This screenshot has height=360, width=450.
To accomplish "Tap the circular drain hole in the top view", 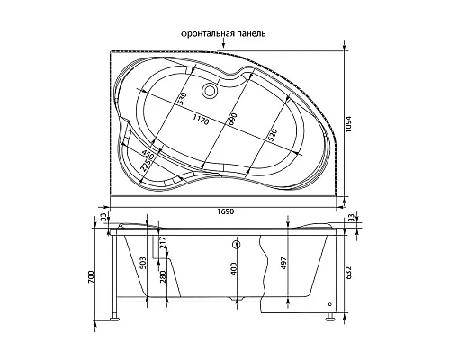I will [211, 89].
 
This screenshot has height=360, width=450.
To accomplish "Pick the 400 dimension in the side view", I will [235, 269].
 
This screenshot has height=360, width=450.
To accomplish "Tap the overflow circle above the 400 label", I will [235, 245].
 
